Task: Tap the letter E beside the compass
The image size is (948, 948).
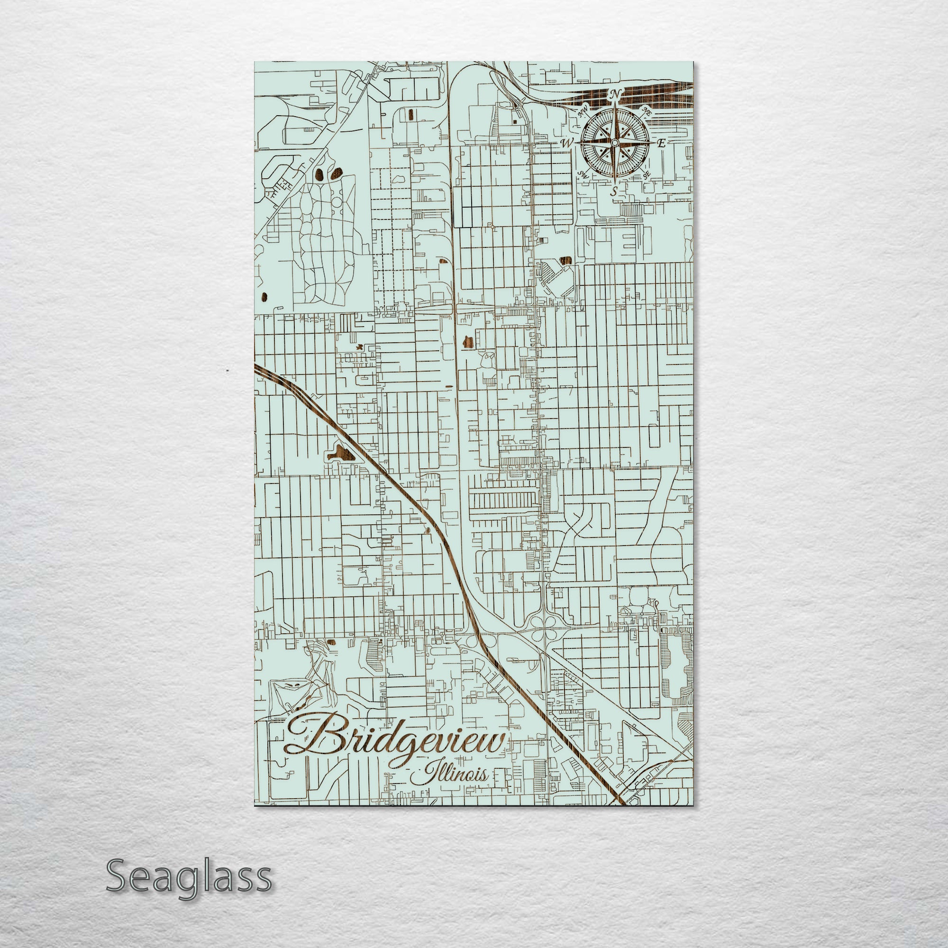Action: tap(661, 143)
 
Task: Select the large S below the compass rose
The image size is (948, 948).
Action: tap(614, 192)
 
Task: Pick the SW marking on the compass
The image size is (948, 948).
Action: tap(584, 174)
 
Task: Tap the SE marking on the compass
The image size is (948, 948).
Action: tap(647, 173)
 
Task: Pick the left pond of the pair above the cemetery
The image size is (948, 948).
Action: tap(319, 173)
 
